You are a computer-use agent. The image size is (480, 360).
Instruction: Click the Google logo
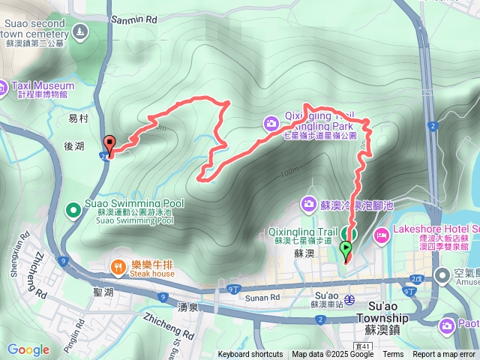click(x=28, y=349)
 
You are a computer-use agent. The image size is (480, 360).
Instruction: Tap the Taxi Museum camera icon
click(x=3, y=86)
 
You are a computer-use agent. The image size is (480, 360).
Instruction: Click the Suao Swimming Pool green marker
click(x=73, y=209)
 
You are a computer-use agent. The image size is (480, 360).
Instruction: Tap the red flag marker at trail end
click(x=110, y=144)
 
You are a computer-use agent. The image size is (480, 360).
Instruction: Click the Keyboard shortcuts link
click(x=250, y=355)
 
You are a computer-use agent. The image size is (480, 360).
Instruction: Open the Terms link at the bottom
click(x=393, y=355)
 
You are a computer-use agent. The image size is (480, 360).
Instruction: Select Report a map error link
click(x=445, y=355)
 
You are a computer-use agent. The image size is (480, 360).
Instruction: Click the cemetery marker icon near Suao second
click(x=82, y=31)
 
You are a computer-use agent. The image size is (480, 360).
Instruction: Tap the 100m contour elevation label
click(x=289, y=174)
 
